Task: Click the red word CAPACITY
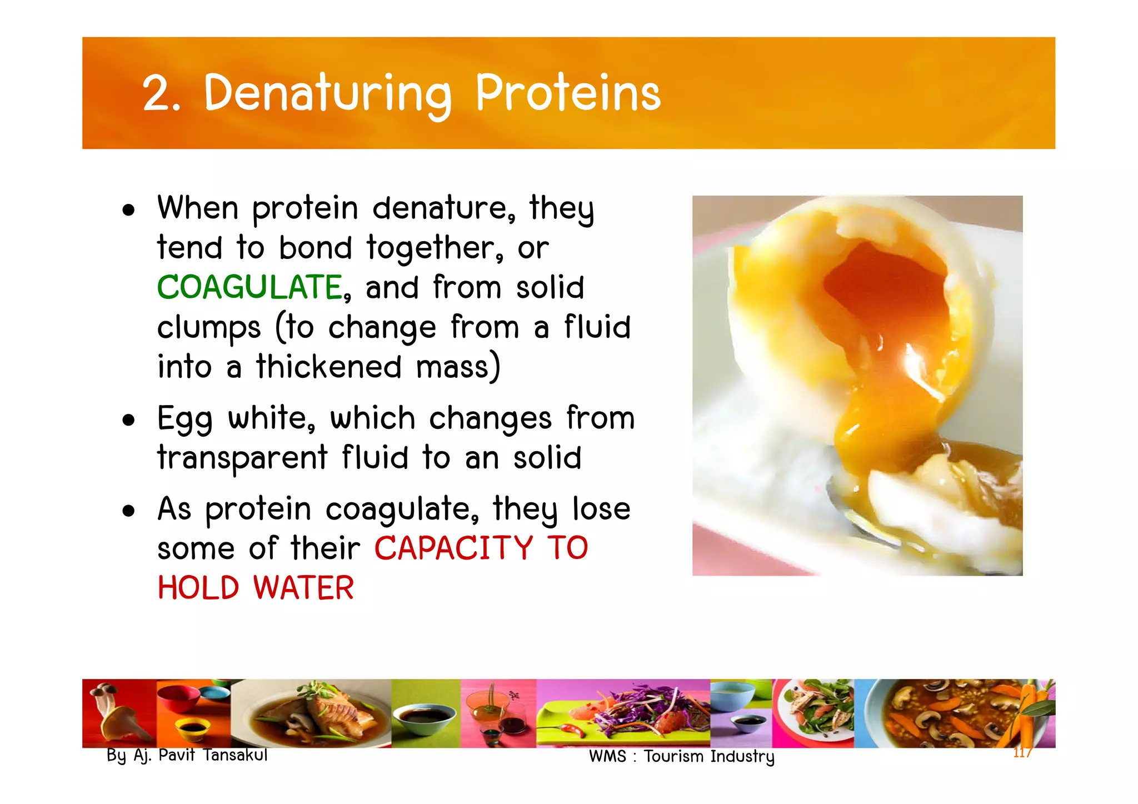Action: click(453, 548)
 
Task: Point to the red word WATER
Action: click(303, 588)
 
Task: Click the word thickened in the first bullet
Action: click(328, 367)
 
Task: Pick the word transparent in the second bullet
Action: click(242, 459)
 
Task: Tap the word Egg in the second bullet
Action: click(184, 419)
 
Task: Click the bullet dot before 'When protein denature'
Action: click(129, 211)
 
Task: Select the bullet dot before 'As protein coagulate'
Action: click(129, 511)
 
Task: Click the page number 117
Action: click(1022, 753)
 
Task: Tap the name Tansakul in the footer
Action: click(235, 755)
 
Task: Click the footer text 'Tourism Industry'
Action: click(709, 757)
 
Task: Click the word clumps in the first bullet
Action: click(209, 328)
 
